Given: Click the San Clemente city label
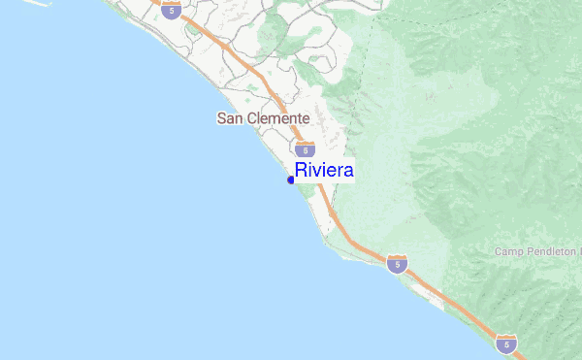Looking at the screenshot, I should click(263, 118).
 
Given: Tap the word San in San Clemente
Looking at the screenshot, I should click(229, 118).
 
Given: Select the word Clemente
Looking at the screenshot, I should click(277, 118).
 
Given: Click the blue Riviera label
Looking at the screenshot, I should click(324, 171).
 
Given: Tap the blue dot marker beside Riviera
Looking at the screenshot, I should click(291, 180).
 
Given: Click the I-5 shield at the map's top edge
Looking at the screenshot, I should click(172, 11).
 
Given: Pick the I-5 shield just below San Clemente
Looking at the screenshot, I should click(306, 149).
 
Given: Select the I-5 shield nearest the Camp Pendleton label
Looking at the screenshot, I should click(396, 263).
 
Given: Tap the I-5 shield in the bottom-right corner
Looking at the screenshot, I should click(505, 344).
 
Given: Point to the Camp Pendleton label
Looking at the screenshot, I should click(536, 251).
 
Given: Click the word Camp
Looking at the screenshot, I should click(508, 251).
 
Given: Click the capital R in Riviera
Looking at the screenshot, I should click(301, 171).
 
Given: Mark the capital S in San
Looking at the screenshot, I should click(220, 118).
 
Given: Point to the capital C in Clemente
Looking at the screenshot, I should click(251, 118).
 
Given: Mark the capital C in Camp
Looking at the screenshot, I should click(499, 251).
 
